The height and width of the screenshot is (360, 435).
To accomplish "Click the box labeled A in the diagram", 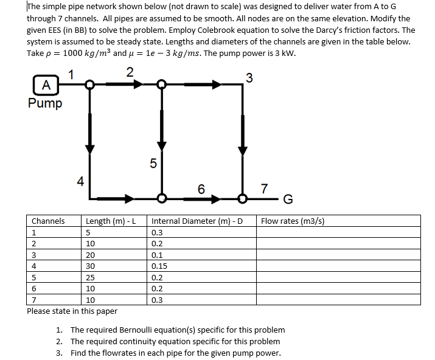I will [47, 84].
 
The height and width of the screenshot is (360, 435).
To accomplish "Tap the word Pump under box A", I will [45, 102].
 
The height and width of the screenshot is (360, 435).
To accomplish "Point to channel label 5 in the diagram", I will [153, 162].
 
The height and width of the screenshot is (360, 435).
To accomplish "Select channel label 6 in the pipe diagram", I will [201, 189].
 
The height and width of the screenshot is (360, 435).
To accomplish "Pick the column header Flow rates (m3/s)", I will [293, 221].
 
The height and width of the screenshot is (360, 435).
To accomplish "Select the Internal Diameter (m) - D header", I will [197, 221].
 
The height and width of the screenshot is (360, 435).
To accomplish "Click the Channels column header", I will [48, 221].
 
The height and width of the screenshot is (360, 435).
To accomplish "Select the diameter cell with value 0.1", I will [157, 255].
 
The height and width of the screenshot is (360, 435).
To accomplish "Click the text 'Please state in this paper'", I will [72, 311].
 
